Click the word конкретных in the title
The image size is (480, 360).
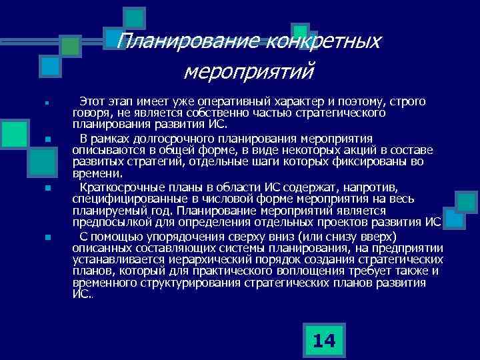point(322,42)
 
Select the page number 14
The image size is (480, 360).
point(324,341)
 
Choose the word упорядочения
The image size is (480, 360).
point(175,237)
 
